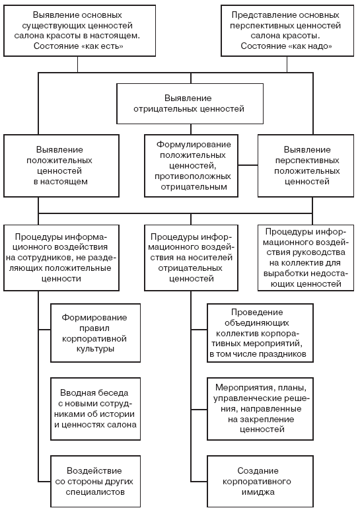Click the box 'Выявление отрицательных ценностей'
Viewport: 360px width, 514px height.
coord(190,104)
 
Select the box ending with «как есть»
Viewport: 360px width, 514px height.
coord(79,30)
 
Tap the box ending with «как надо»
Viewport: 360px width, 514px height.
coord(287,30)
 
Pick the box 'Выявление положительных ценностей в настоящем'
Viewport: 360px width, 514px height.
coord(61,166)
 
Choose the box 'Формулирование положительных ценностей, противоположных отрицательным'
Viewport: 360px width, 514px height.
coord(191,166)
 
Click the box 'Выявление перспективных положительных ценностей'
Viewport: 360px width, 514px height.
coord(306,166)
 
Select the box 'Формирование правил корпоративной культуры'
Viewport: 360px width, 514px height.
coord(95,333)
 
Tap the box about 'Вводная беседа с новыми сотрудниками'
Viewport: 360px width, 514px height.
coord(95,409)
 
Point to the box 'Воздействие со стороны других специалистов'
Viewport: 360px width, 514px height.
coord(95,481)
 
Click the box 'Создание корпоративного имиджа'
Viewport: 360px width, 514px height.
coord(260,481)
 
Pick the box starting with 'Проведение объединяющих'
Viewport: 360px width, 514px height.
coord(260,333)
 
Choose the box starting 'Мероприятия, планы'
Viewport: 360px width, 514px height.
coord(260,409)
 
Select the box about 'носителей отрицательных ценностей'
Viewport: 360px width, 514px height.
coord(191,258)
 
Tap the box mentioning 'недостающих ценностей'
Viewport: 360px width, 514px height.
coord(306,258)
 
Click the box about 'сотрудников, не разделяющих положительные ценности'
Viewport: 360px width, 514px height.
coord(61,258)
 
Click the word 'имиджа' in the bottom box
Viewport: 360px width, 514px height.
coord(258,492)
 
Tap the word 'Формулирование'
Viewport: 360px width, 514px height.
coord(194,145)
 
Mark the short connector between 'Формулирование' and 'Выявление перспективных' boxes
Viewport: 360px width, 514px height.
coord(248,165)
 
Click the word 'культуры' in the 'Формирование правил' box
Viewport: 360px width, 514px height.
coord(95,349)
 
